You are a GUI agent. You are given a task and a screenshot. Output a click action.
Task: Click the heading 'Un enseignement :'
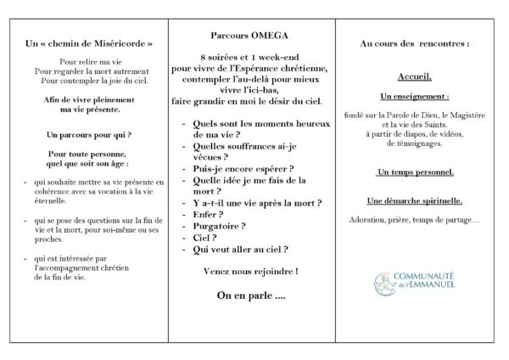pyautogui.click(x=415, y=96)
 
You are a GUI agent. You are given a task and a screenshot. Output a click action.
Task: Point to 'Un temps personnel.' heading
pyautogui.click(x=415, y=173)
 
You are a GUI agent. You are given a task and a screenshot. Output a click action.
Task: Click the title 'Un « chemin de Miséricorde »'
pyautogui.click(x=89, y=44)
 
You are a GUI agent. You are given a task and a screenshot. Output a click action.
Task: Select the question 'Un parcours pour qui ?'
pyautogui.click(x=89, y=134)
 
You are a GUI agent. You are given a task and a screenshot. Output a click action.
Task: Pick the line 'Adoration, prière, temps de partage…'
pyautogui.click(x=415, y=221)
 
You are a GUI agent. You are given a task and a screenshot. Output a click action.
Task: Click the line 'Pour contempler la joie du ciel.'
pyautogui.click(x=89, y=82)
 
